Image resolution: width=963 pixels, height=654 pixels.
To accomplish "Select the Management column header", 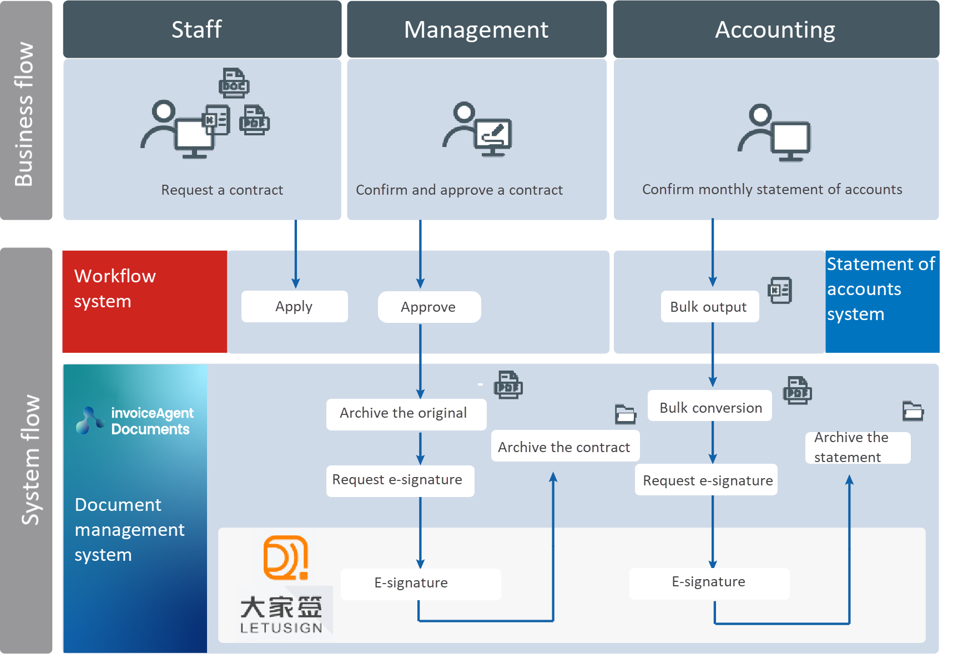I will (476, 29).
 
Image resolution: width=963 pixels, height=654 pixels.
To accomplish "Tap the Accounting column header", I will (775, 29).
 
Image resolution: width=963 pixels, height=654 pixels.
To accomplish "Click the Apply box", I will (294, 306).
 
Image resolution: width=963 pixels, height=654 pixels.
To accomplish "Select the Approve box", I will (428, 307).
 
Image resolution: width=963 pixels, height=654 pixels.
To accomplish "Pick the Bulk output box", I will (709, 307).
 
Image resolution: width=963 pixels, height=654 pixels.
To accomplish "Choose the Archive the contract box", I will (564, 447).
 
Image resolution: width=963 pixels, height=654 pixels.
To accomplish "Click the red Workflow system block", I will (144, 301).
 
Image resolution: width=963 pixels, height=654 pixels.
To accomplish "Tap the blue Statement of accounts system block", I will (881, 301).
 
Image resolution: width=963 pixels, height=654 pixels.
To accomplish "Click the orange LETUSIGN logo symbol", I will (285, 557).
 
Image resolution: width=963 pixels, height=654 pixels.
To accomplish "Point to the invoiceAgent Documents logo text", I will (152, 421).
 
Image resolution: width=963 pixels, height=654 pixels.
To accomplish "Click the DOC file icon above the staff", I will (234, 83).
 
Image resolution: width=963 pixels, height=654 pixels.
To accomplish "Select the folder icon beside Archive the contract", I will (625, 414).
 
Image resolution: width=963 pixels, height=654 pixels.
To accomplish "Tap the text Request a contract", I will (221, 190).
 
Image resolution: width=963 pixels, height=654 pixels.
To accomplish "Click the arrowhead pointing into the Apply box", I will (295, 283).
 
